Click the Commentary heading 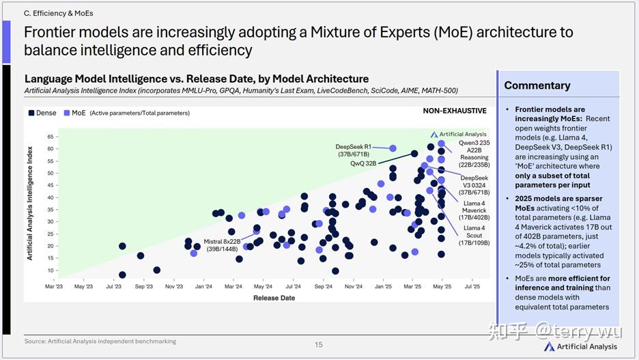(537, 85)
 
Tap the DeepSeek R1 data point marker (393, 148)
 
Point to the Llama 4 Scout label (474, 235)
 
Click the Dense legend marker (31, 113)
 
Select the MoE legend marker (67, 113)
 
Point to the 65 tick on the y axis (51, 137)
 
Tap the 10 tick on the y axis (51, 271)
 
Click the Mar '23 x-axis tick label (54, 287)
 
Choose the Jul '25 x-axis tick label (472, 287)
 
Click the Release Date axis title (274, 298)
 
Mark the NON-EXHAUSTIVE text (455, 111)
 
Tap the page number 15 (318, 345)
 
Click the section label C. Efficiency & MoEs (58, 13)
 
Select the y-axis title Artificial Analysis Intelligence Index (30, 198)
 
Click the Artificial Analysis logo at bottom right (582, 346)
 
